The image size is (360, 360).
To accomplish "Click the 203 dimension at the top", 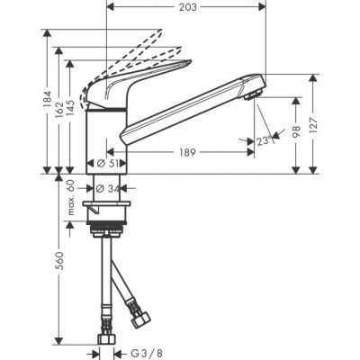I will tap(186, 7).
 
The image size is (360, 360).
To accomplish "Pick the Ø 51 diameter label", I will tap(107, 164).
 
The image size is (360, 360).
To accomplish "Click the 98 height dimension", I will tap(294, 132).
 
